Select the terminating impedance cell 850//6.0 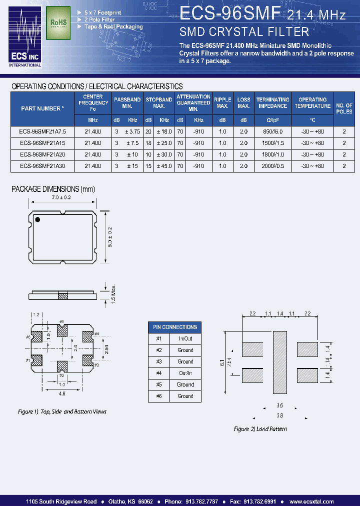(272, 131)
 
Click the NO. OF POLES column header (344, 108)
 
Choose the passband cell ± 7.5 (132, 142)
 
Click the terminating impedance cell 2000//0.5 (272, 166)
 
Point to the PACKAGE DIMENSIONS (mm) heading (53, 189)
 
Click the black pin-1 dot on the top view (37, 219)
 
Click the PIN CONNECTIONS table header (175, 327)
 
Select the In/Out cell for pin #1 (185, 338)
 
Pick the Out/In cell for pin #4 (185, 373)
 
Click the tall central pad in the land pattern (279, 361)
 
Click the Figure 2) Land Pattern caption (260, 429)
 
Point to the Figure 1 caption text (62, 411)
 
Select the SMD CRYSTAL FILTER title (244, 32)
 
